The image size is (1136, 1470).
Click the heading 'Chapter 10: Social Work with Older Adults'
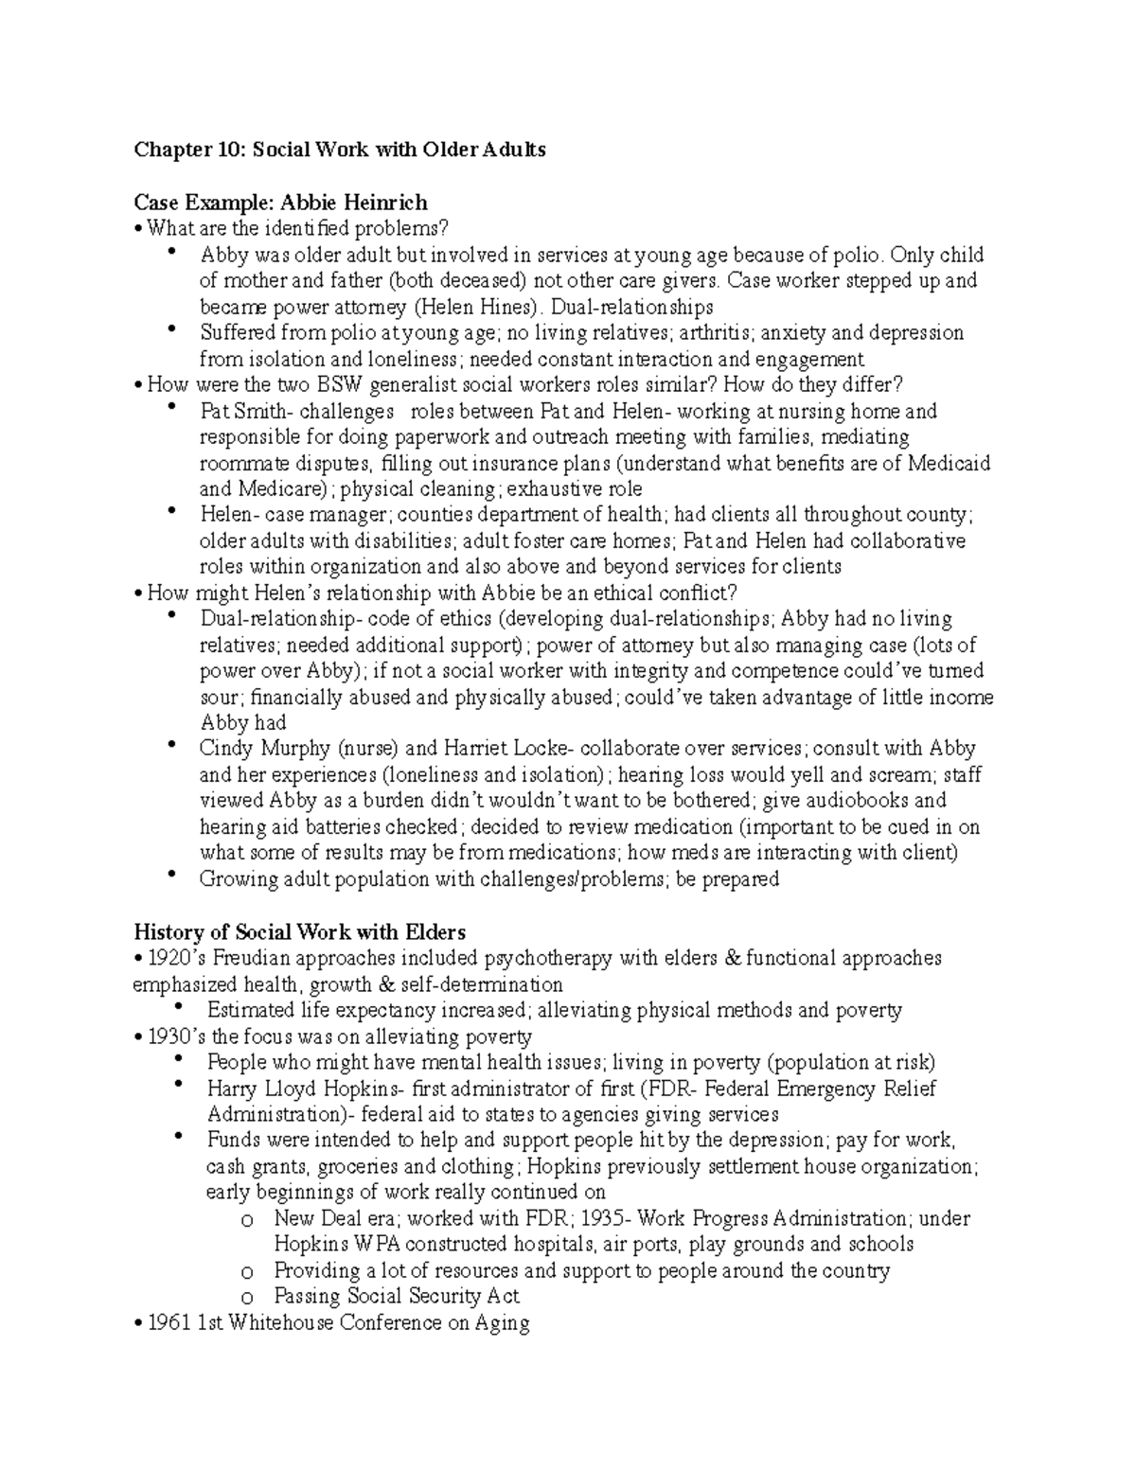pos(340,150)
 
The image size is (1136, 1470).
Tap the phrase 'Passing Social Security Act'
pos(397,1297)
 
